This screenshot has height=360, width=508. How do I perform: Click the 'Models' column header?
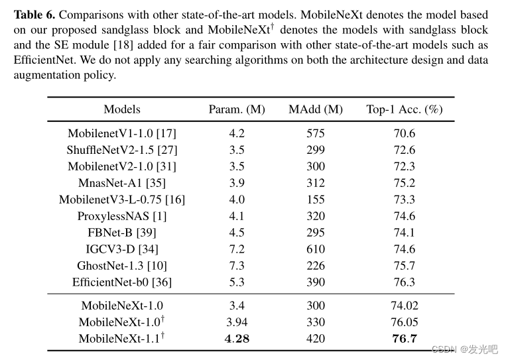tap(122, 109)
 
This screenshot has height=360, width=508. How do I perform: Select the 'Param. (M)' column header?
tap(237, 109)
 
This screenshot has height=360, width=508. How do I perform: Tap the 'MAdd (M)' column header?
tap(316, 109)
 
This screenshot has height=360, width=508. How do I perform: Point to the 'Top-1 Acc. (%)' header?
tap(404, 109)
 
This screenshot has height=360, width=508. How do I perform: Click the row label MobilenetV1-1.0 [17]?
tap(122, 133)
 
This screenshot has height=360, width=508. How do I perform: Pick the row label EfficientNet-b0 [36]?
tap(122, 282)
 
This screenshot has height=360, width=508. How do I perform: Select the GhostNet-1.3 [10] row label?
tap(122, 266)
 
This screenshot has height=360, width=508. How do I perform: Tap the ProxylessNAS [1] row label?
tap(122, 216)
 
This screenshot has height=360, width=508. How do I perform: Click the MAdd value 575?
tap(316, 133)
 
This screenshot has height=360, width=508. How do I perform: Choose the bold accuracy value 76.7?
tap(404, 339)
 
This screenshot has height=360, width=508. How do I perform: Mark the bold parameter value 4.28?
tap(237, 339)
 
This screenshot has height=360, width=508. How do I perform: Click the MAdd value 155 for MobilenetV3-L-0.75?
tap(316, 200)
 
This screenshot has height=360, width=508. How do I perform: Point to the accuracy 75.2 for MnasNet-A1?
tap(404, 183)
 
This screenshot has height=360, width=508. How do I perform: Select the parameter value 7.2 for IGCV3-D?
tap(237, 249)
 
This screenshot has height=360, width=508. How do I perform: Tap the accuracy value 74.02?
tap(404, 306)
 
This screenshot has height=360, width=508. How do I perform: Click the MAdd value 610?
tap(316, 249)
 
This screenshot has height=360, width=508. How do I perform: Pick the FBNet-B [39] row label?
tap(122, 233)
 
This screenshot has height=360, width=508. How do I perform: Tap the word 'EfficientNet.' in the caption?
tap(46, 60)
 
